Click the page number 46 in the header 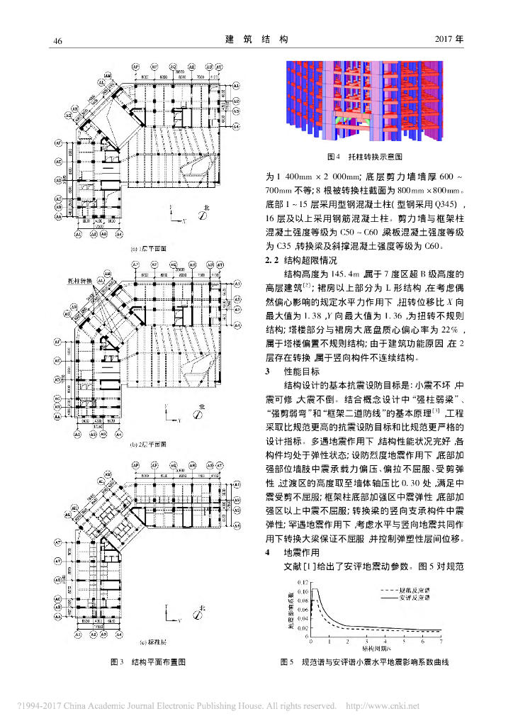(58, 40)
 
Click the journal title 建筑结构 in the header (256, 40)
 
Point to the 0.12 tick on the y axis (303, 582)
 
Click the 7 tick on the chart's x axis (440, 641)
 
